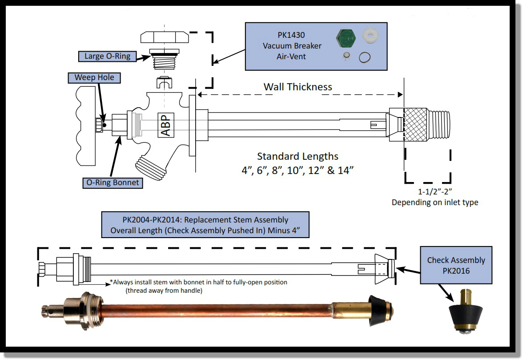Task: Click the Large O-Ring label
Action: (x=107, y=56)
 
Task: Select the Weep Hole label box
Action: (x=94, y=78)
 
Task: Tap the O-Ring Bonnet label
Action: (x=113, y=182)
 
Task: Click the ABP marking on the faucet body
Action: (x=165, y=124)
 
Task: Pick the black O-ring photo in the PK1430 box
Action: (x=365, y=57)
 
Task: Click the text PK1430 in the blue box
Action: (x=292, y=35)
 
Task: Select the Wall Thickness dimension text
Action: (x=298, y=87)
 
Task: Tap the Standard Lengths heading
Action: (x=298, y=157)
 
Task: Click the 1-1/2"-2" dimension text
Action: (x=434, y=192)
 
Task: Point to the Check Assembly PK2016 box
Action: (x=456, y=265)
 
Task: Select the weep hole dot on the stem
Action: (x=105, y=125)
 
